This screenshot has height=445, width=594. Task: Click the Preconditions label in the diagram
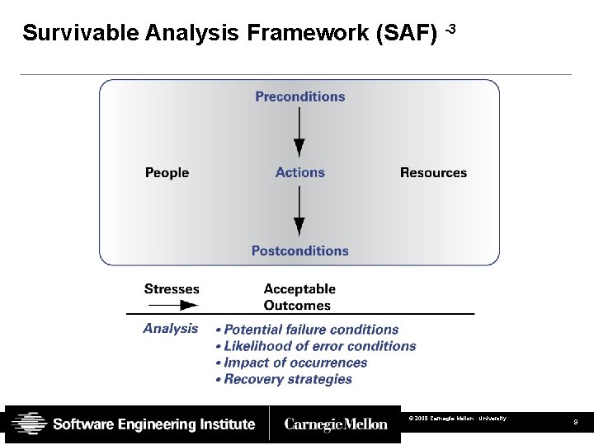pos(299,96)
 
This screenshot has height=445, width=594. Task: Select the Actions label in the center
pos(299,172)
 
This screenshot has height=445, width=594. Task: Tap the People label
pos(167,172)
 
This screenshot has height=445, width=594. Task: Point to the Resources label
pos(433,172)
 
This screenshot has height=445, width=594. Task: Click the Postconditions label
pos(299,251)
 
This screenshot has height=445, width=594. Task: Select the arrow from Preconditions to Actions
pos(299,132)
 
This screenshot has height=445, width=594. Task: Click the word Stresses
pos(172,288)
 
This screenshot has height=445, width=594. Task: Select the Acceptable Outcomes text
pos(299,297)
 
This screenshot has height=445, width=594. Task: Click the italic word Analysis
pos(171,328)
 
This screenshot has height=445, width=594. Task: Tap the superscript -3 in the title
pos(450,30)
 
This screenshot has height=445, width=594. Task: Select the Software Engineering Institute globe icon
pos(29,424)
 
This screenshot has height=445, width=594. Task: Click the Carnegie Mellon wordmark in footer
pos(336,424)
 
